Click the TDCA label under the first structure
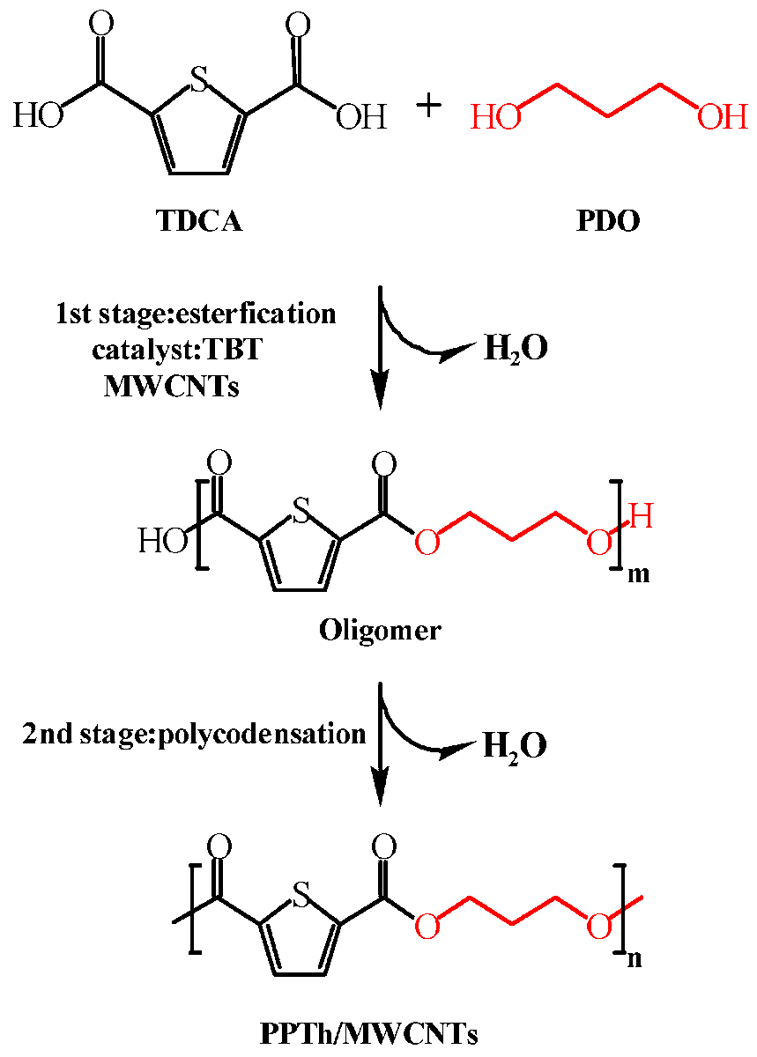[x=199, y=221]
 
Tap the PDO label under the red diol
[x=608, y=221]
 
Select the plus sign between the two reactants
[x=429, y=107]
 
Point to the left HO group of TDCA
[x=38, y=117]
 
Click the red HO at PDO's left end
[x=495, y=117]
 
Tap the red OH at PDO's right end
[x=722, y=117]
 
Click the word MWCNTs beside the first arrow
[x=171, y=386]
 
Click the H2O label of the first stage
[x=516, y=350]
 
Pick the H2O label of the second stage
[x=516, y=746]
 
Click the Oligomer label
[x=380, y=631]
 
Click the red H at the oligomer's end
[x=642, y=517]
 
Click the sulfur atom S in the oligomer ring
[x=302, y=513]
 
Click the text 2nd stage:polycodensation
[x=194, y=733]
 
